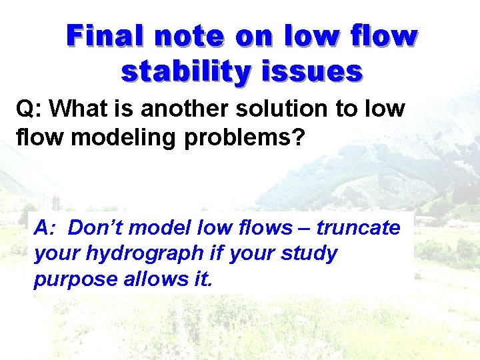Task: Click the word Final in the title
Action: [x=106, y=36]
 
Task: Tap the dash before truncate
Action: [x=305, y=229]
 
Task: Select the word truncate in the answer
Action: [x=359, y=228]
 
